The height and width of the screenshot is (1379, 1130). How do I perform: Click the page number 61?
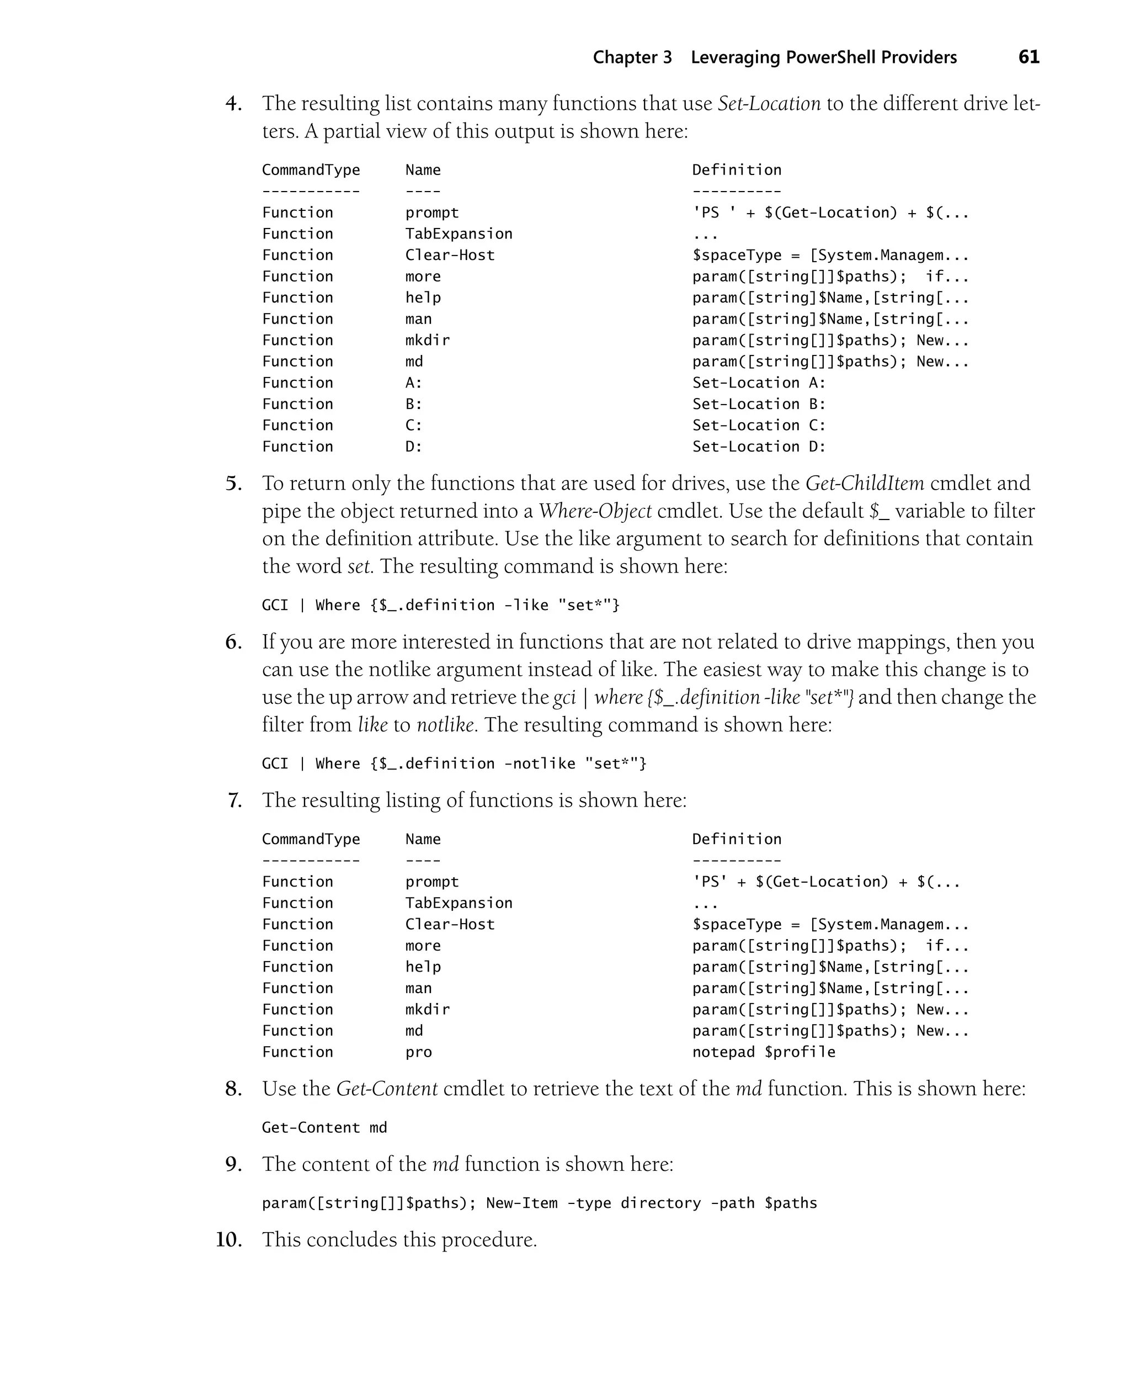click(x=1028, y=57)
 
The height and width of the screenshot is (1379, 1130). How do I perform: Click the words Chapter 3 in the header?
click(x=631, y=57)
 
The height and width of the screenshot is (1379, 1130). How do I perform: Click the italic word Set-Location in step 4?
click(x=769, y=104)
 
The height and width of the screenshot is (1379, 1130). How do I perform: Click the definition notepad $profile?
click(x=763, y=1052)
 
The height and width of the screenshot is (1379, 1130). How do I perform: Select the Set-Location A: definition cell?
click(x=758, y=383)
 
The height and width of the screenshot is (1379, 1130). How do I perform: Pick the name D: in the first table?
click(x=414, y=447)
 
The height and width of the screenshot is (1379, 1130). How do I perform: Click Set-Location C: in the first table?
click(x=758, y=425)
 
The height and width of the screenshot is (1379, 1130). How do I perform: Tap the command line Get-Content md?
click(x=324, y=1128)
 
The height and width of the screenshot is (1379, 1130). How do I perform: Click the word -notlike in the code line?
click(x=540, y=763)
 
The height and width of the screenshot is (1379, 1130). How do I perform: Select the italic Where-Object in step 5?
click(x=594, y=511)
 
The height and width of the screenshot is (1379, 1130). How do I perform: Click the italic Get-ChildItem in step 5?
click(x=865, y=483)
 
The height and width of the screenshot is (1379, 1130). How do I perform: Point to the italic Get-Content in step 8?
click(x=387, y=1089)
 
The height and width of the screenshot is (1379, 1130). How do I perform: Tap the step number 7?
click(x=235, y=800)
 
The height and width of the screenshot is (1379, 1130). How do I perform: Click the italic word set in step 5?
click(x=359, y=566)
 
